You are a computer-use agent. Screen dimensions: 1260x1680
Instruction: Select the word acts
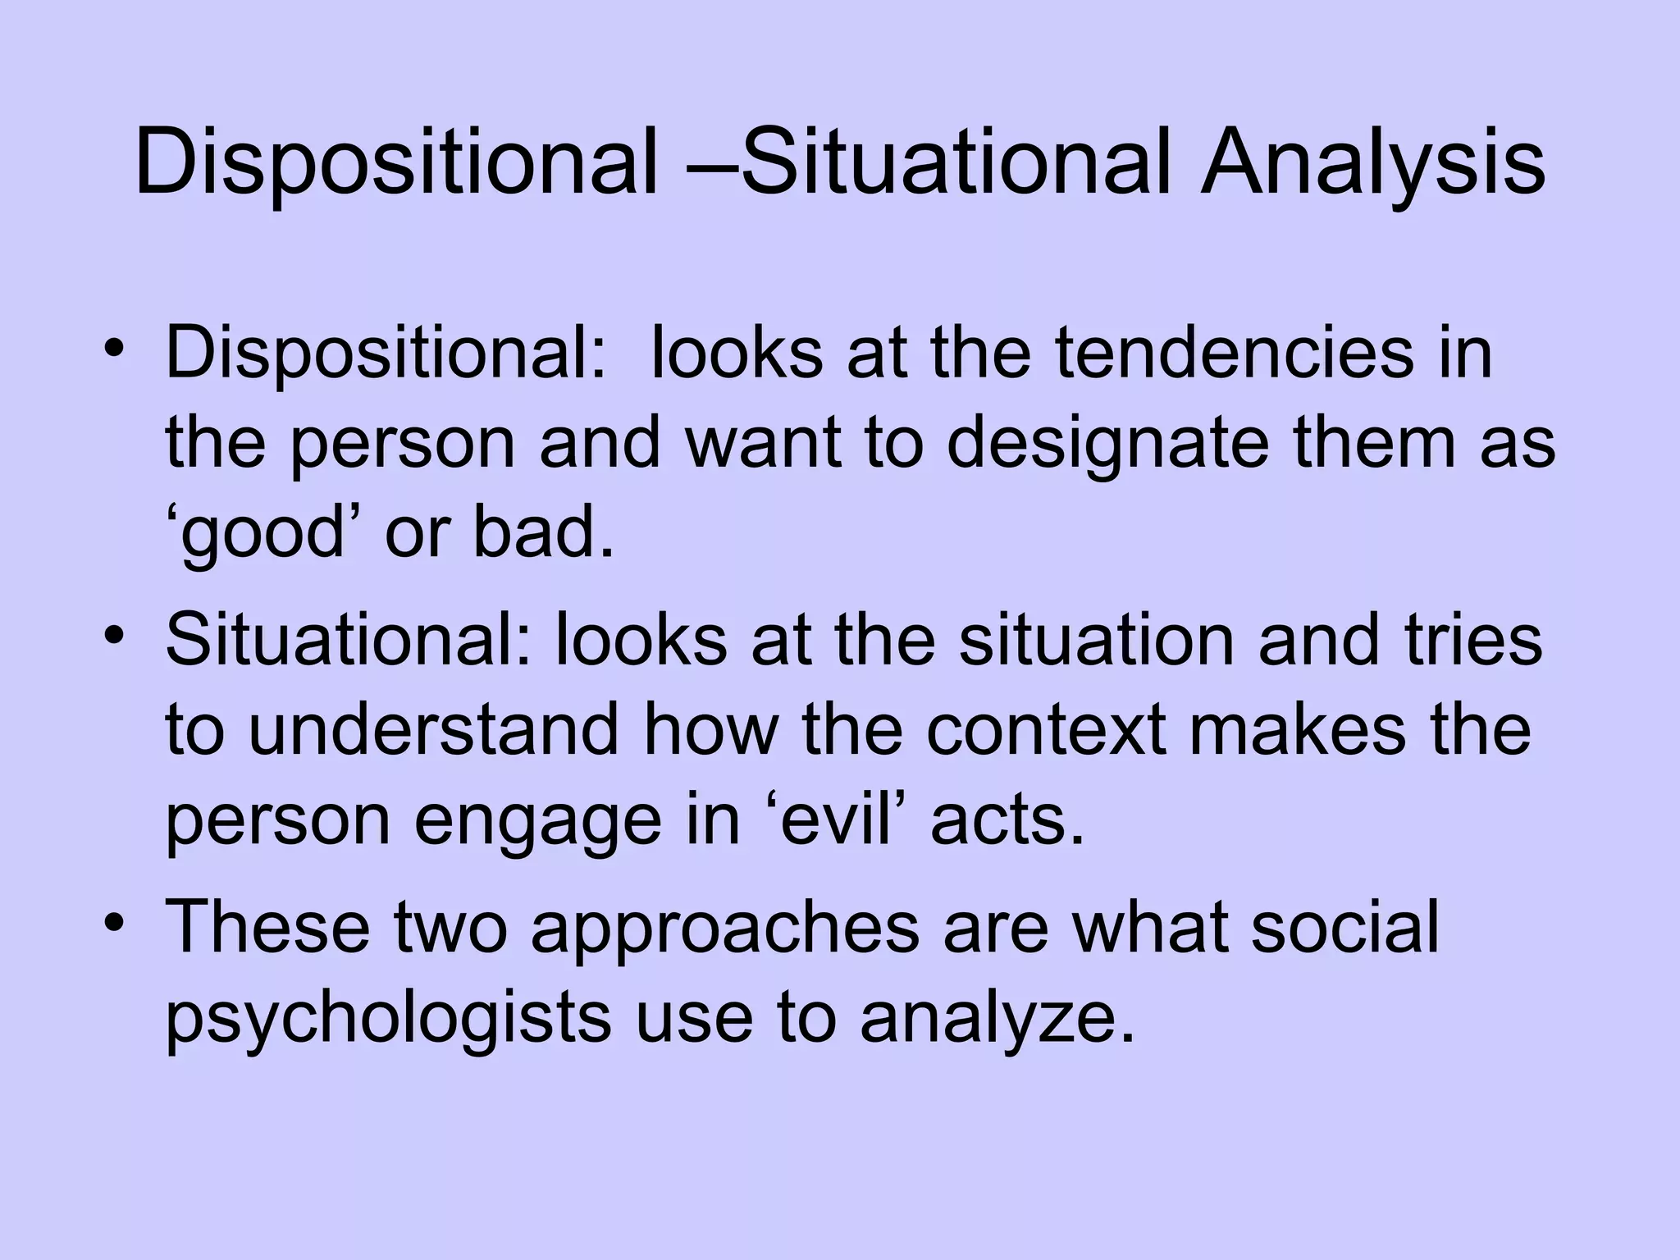coord(1007,820)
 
